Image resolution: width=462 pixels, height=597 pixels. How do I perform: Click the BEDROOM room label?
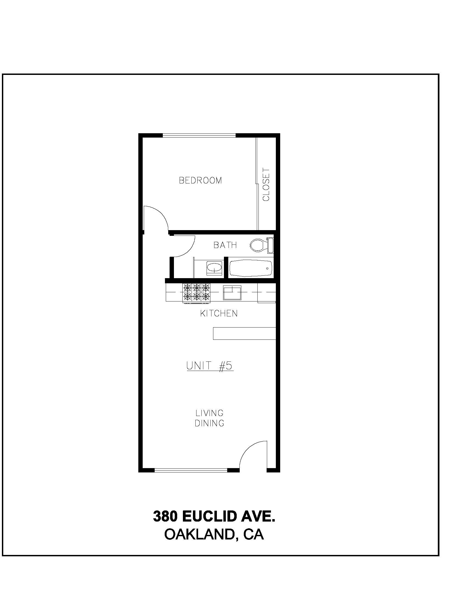[x=200, y=180]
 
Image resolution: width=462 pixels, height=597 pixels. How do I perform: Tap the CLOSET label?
[x=266, y=185]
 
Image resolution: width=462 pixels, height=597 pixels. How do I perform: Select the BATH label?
[x=225, y=245]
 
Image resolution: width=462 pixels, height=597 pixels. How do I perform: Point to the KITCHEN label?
[x=219, y=313]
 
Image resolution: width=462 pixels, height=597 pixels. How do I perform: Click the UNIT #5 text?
[x=210, y=366]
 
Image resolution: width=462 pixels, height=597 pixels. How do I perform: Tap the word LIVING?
[x=209, y=413]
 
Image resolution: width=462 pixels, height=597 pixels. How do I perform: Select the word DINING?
[x=209, y=423]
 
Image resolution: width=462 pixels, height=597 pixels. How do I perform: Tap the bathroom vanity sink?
[x=214, y=268]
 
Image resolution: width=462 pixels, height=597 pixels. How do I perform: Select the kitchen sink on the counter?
[x=232, y=293]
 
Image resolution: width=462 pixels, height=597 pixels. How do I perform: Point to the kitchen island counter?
[x=244, y=333]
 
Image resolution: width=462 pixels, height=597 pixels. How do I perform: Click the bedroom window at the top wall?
[x=199, y=135]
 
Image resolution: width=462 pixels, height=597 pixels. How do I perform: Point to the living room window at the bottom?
[x=191, y=470]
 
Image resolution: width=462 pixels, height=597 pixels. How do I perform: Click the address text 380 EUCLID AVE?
[x=214, y=516]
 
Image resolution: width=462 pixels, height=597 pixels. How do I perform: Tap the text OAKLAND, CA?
[x=214, y=534]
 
